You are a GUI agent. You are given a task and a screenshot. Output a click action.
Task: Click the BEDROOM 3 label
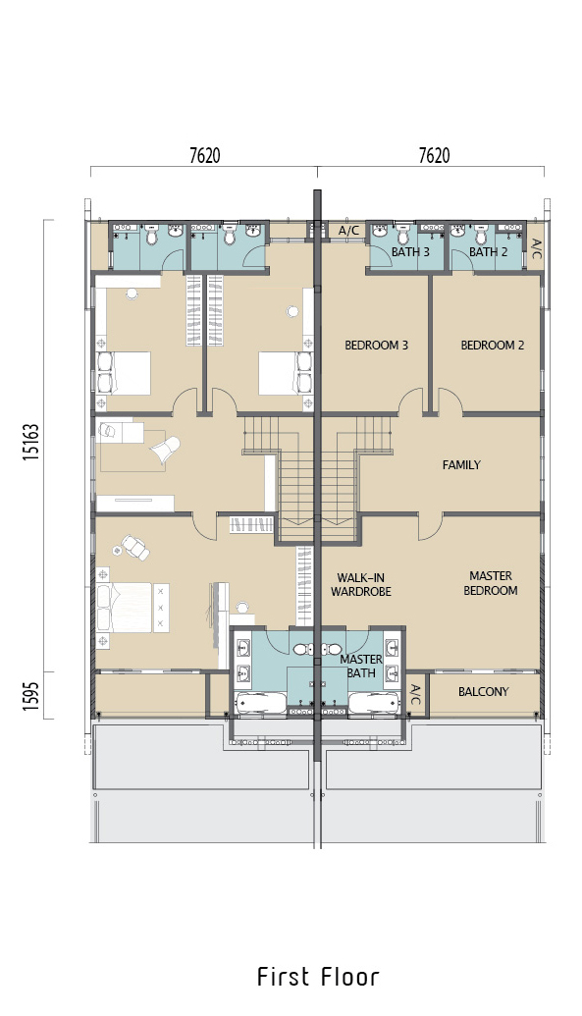(376, 346)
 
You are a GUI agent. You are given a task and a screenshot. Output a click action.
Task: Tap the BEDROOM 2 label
(492, 346)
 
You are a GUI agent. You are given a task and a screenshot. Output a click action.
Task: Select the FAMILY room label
(461, 464)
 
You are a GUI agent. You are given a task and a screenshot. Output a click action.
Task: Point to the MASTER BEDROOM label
(491, 583)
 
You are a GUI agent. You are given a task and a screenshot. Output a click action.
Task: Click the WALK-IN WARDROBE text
(361, 584)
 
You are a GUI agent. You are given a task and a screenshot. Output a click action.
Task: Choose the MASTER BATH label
(361, 667)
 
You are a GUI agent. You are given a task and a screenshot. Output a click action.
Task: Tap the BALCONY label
(484, 692)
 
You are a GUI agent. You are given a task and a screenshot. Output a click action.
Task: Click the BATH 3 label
(410, 252)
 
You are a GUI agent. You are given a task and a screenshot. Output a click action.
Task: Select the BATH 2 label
(488, 252)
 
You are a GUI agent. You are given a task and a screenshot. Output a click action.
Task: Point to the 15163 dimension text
(31, 443)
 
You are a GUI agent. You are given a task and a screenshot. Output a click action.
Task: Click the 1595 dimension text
(31, 695)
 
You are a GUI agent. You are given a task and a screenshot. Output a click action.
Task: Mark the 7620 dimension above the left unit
(205, 155)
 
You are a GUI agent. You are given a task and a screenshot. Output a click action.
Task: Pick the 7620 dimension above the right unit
(434, 155)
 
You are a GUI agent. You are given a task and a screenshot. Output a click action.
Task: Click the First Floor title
(318, 977)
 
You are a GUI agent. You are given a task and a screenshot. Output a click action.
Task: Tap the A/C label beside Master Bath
(416, 695)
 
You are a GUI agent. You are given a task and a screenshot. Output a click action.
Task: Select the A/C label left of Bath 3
(348, 231)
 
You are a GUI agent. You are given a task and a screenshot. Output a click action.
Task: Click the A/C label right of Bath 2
(536, 248)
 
